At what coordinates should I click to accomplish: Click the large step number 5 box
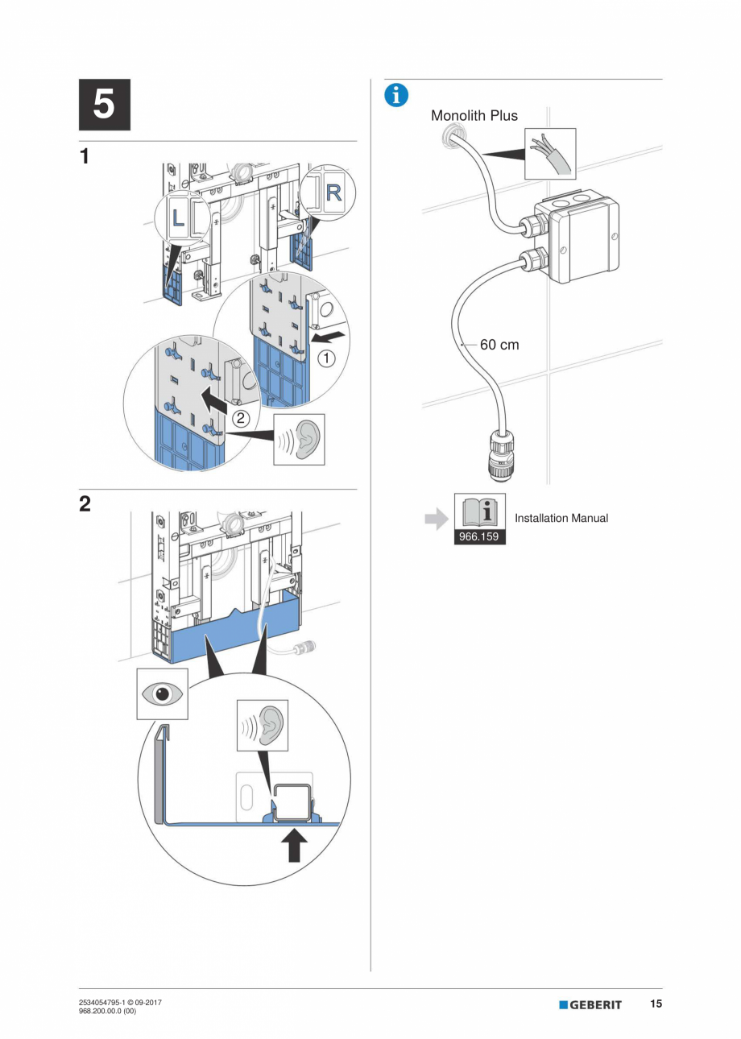[104, 105]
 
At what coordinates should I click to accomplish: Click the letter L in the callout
[179, 216]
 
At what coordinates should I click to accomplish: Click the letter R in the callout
[333, 193]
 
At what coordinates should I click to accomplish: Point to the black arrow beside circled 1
[333, 330]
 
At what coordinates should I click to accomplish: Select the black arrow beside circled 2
[215, 395]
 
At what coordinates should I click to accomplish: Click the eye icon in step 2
[162, 693]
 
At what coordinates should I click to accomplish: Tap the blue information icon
[395, 94]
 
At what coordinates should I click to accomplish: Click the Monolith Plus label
[474, 115]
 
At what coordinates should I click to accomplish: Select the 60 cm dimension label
[499, 345]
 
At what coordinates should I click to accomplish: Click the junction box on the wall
[577, 239]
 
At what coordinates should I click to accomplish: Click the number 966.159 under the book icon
[478, 536]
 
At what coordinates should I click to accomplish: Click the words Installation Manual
[561, 518]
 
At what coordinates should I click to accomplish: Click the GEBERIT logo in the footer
[590, 1005]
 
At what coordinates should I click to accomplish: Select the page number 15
[656, 1004]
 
